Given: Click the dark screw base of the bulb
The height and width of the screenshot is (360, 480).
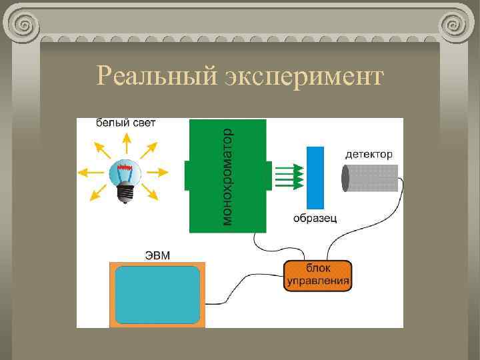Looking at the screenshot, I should (123, 194).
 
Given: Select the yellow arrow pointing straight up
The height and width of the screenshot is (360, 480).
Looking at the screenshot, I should (125, 142).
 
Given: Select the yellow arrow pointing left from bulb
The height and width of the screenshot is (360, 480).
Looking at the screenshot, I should (89, 172).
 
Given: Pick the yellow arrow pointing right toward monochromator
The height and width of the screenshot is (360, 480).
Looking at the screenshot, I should (158, 172).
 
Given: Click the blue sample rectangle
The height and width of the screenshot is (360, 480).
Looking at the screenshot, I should (315, 177).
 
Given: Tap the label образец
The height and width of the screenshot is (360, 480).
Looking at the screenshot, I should (315, 219).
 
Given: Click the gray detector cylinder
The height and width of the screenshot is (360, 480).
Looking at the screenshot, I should (371, 178).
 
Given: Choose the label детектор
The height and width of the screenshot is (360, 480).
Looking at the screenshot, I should (369, 155).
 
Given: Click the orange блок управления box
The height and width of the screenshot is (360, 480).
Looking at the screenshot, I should (318, 275).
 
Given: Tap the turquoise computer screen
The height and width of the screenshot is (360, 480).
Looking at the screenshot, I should (157, 295).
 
